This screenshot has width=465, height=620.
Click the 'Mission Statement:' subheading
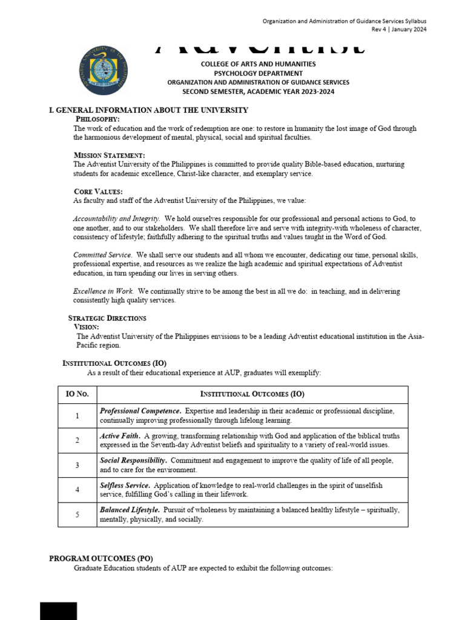click(109, 156)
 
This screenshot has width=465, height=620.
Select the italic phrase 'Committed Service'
click(102, 255)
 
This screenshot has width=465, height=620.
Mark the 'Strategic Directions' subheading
click(107, 318)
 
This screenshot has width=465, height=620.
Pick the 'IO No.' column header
click(77, 394)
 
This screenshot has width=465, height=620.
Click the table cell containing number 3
click(77, 465)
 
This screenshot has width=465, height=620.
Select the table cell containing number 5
click(77, 515)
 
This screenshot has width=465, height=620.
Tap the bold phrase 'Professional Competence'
click(140, 411)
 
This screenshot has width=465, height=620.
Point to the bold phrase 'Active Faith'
click(120, 436)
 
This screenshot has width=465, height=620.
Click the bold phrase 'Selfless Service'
click(126, 486)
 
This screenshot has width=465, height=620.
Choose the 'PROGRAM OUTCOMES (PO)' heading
click(101, 559)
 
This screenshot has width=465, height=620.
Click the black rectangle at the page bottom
click(59, 611)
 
